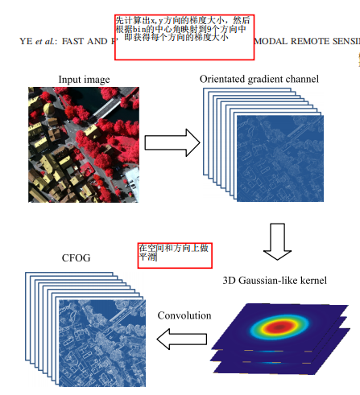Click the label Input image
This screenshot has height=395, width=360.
point(84,79)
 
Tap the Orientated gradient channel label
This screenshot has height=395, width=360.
point(259,78)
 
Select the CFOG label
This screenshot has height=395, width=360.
point(77,257)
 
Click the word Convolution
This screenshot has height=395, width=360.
point(184,315)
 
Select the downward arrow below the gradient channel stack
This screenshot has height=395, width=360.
point(277,241)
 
